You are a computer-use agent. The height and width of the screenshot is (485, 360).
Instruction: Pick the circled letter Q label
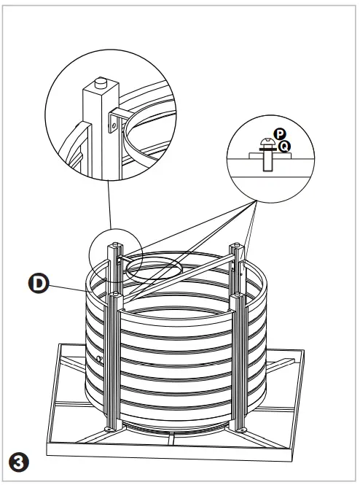[285, 146]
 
